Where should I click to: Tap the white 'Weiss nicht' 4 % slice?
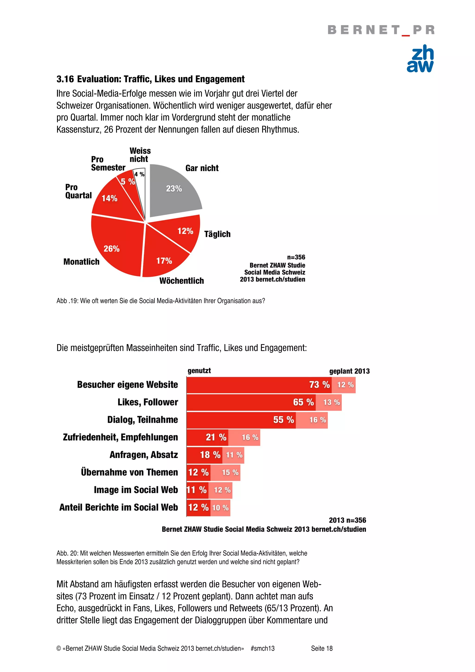(x=140, y=184)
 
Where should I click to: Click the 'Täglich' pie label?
(x=217, y=234)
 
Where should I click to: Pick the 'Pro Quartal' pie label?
(x=78, y=191)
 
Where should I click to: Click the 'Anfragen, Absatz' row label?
(x=144, y=455)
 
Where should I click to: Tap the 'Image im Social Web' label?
(x=136, y=490)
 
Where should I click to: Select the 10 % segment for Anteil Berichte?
(x=220, y=508)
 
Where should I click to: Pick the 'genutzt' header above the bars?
(x=199, y=371)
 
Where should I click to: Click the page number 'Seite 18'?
(x=322, y=648)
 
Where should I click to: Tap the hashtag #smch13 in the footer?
(x=263, y=648)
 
